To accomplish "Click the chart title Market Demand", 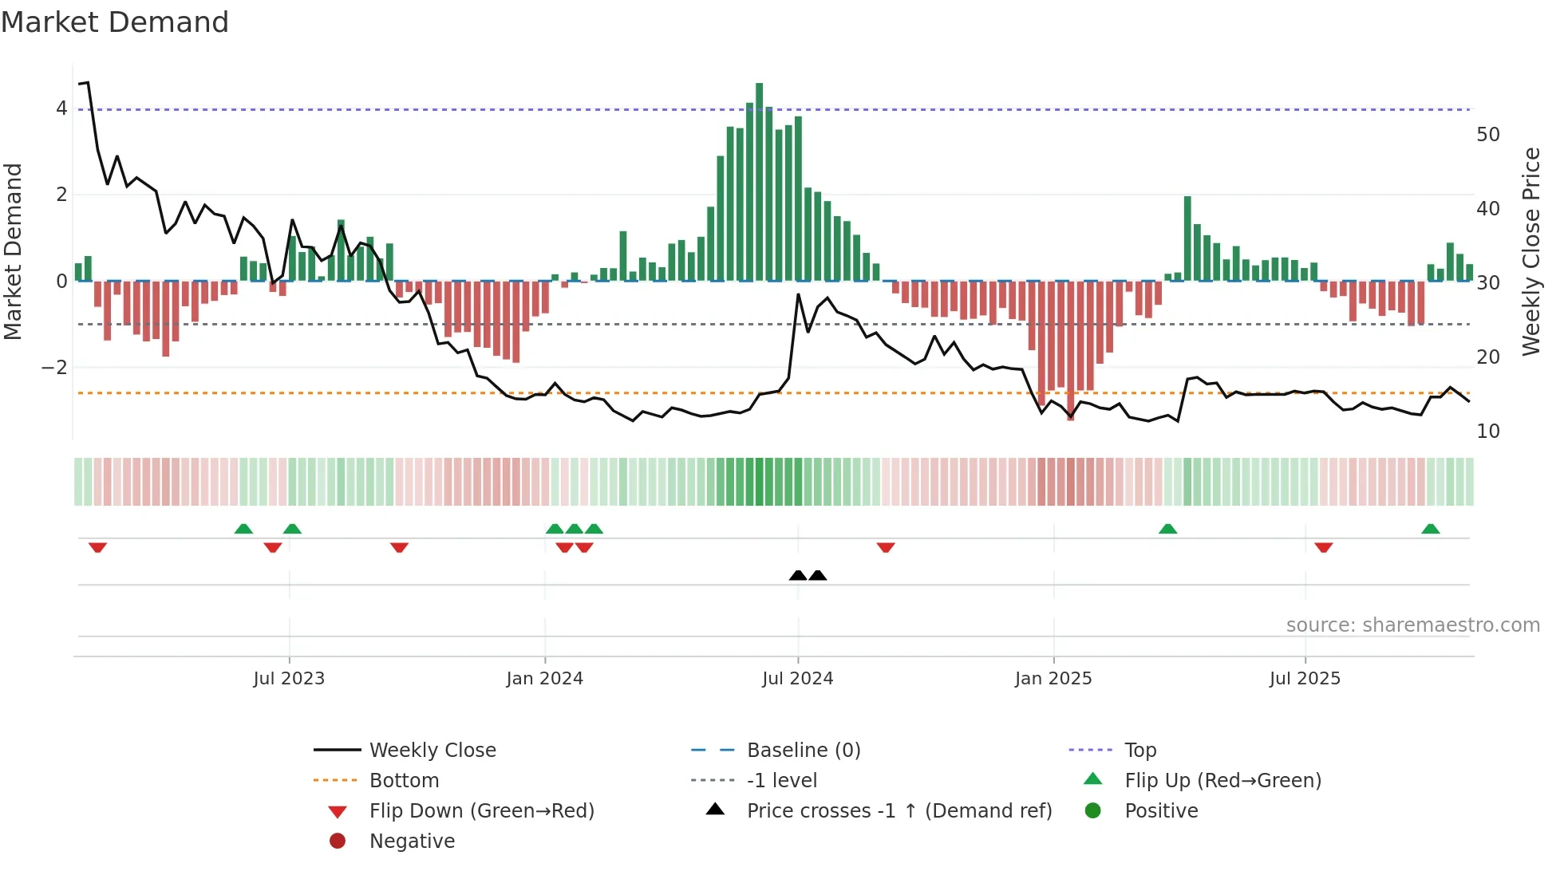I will point(115,22).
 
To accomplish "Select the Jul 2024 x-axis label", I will point(797,679).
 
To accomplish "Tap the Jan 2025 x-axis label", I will point(1053,679).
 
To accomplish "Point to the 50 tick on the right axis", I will point(1487,135).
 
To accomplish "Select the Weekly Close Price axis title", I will point(1531,251).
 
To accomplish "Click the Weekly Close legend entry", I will point(432,751).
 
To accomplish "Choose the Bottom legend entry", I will point(404,781).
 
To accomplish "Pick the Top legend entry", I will point(1140,751).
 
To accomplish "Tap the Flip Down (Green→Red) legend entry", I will point(481,811).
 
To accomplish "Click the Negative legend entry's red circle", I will point(338,842).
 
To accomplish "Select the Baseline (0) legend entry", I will point(803,751).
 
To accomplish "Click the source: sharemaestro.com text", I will point(1412,625).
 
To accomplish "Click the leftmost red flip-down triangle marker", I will point(97,547).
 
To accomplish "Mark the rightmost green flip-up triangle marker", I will point(1430,529).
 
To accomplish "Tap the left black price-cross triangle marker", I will point(797,575).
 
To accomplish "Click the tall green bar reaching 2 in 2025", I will point(1187,238).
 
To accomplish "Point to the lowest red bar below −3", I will point(1070,351).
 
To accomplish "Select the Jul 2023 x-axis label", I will point(289,679).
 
